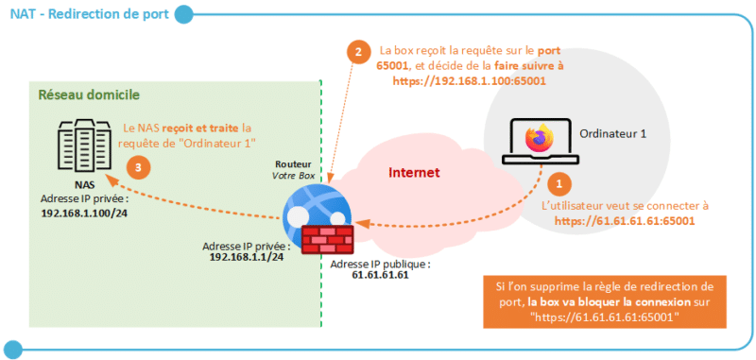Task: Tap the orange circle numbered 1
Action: tap(559, 183)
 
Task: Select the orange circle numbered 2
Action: tap(356, 52)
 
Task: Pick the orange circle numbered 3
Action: tap(139, 167)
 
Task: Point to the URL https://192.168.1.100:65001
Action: tap(469, 82)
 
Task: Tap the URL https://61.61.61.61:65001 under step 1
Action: tap(626, 221)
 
